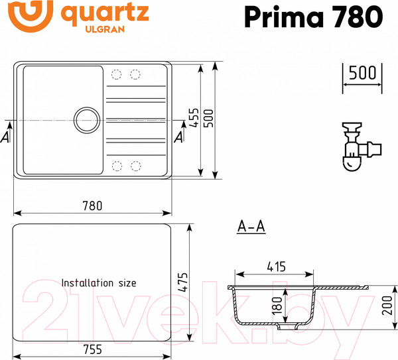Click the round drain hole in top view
(x=86, y=120)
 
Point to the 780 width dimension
(x=92, y=205)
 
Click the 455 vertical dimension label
(x=194, y=119)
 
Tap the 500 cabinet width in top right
(x=362, y=72)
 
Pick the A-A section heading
(x=251, y=227)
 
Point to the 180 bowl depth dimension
(x=278, y=306)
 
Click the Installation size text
(x=99, y=282)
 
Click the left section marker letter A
(x=5, y=137)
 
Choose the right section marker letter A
(x=178, y=137)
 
